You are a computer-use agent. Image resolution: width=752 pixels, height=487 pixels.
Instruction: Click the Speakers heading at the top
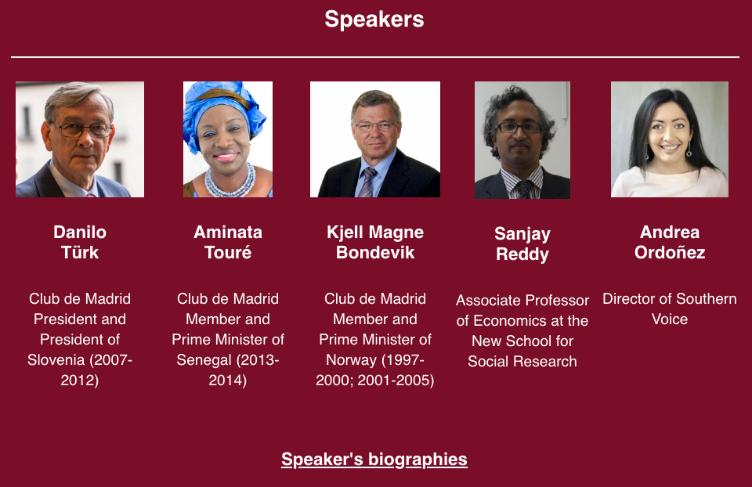click(374, 20)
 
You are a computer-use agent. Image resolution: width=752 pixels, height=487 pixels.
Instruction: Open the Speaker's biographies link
click(374, 459)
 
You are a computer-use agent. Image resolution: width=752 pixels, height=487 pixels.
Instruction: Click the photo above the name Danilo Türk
click(80, 139)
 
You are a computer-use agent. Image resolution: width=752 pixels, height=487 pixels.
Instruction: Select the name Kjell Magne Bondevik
click(375, 242)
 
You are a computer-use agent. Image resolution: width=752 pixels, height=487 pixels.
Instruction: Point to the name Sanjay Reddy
click(522, 243)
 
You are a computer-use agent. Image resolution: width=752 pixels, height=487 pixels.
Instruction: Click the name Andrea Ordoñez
click(670, 242)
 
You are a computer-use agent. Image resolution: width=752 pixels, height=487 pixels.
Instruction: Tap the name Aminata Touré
click(228, 242)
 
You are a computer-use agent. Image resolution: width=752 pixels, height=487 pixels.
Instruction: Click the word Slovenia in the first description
click(56, 359)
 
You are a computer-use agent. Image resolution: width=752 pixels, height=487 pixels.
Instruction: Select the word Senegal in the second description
click(204, 359)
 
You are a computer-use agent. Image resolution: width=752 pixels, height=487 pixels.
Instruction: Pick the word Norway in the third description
click(352, 359)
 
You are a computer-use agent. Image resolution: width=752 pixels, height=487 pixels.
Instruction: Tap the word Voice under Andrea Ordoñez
click(670, 319)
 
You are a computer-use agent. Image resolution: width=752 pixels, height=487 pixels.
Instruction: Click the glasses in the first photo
click(82, 129)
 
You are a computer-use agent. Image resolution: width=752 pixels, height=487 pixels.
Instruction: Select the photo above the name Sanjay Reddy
click(522, 140)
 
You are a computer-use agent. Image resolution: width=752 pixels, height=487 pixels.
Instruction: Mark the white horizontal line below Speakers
click(375, 57)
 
